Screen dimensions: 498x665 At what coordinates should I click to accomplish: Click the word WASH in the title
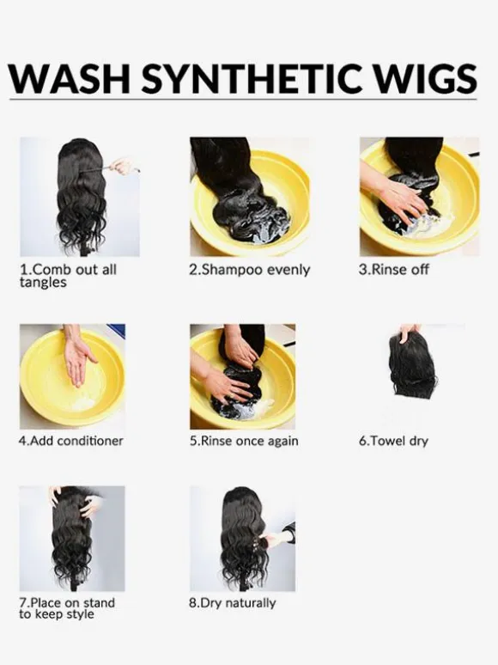tap(69, 79)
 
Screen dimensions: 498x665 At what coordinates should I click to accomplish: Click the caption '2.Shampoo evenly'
tap(250, 270)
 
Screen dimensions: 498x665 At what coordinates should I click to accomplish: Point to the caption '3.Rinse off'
tap(394, 270)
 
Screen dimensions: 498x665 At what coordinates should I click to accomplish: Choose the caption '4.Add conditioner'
tap(70, 441)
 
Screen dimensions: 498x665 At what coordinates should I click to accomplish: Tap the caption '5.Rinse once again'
tap(244, 441)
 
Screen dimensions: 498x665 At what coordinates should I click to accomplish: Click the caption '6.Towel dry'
tap(393, 441)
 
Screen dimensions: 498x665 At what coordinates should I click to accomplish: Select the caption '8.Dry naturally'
tap(233, 603)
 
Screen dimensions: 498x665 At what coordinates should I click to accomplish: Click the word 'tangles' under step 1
tap(43, 283)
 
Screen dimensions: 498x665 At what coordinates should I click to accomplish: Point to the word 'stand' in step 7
tap(99, 602)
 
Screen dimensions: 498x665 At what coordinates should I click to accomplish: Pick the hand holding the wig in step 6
tap(409, 332)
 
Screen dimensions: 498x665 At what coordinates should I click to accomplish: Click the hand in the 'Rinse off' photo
tap(398, 198)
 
